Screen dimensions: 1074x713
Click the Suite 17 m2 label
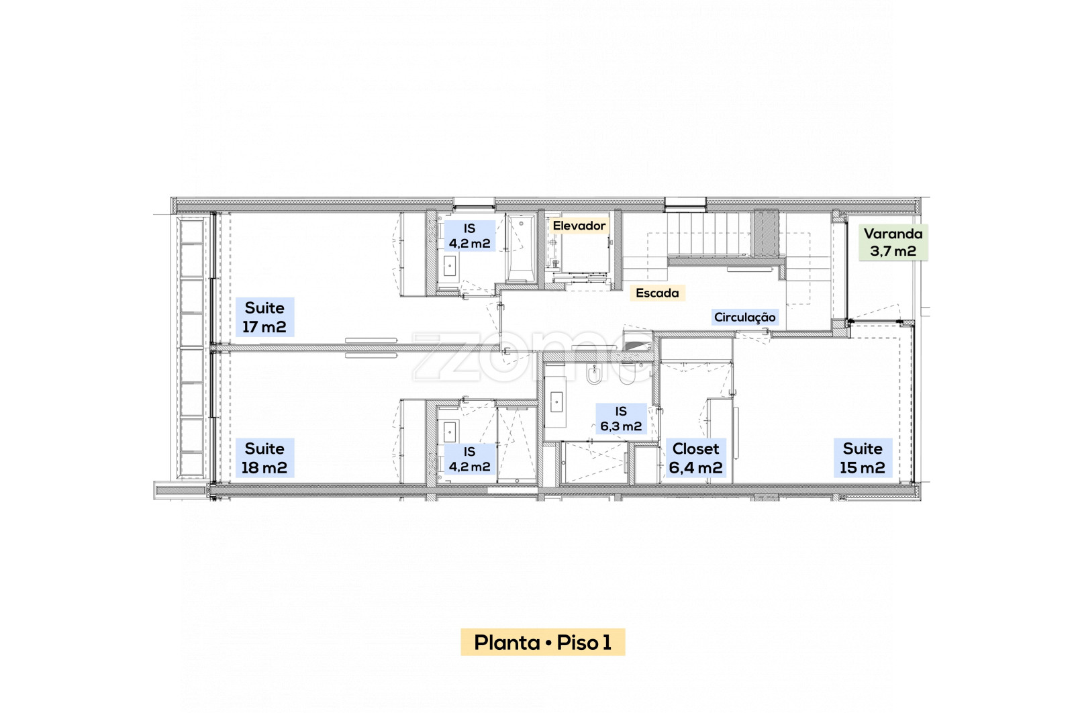click(x=264, y=317)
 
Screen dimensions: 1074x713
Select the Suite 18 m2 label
click(x=264, y=458)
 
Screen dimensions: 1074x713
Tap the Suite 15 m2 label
click(x=863, y=458)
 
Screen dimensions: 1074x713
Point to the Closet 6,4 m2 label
click(x=695, y=458)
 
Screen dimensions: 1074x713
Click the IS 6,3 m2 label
click(x=621, y=418)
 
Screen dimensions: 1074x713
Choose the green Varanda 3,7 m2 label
click(x=893, y=242)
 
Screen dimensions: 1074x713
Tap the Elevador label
click(x=579, y=226)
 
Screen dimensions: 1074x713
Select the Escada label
click(x=657, y=293)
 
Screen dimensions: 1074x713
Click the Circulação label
click(x=744, y=317)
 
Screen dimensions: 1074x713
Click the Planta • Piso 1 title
click(x=543, y=642)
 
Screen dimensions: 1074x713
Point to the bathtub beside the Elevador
click(x=521, y=249)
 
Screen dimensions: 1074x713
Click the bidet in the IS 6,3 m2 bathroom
click(x=594, y=373)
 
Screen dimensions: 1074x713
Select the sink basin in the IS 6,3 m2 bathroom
click(x=556, y=401)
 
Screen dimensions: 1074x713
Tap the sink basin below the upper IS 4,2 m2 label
click(x=449, y=266)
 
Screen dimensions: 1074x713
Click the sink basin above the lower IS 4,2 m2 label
click(x=449, y=432)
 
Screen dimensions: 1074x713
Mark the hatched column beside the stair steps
click(x=766, y=233)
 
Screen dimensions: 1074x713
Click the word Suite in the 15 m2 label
click(x=863, y=448)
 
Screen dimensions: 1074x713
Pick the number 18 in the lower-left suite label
click(x=249, y=468)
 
